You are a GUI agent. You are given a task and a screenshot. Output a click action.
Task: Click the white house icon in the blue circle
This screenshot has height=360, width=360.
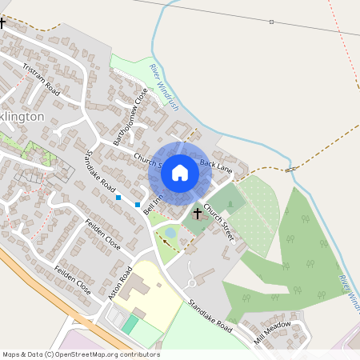click(x=180, y=171)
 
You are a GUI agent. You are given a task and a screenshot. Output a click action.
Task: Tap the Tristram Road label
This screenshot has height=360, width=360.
click(x=42, y=78)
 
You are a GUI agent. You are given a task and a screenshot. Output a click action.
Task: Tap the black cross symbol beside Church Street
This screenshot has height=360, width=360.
click(x=197, y=214)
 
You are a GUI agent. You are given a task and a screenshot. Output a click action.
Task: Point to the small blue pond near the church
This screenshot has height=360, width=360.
click(x=170, y=233)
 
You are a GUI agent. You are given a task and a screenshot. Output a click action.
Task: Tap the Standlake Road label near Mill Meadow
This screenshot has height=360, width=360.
click(x=210, y=316)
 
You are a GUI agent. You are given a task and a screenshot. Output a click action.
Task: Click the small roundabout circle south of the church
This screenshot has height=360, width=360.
click(x=192, y=282)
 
